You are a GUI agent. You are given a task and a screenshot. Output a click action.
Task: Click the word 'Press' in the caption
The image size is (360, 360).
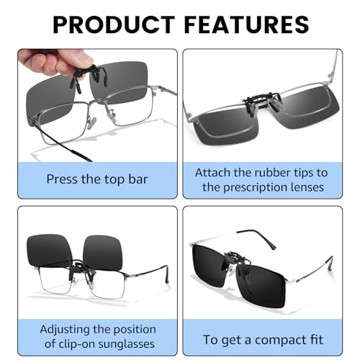click(63, 177)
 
